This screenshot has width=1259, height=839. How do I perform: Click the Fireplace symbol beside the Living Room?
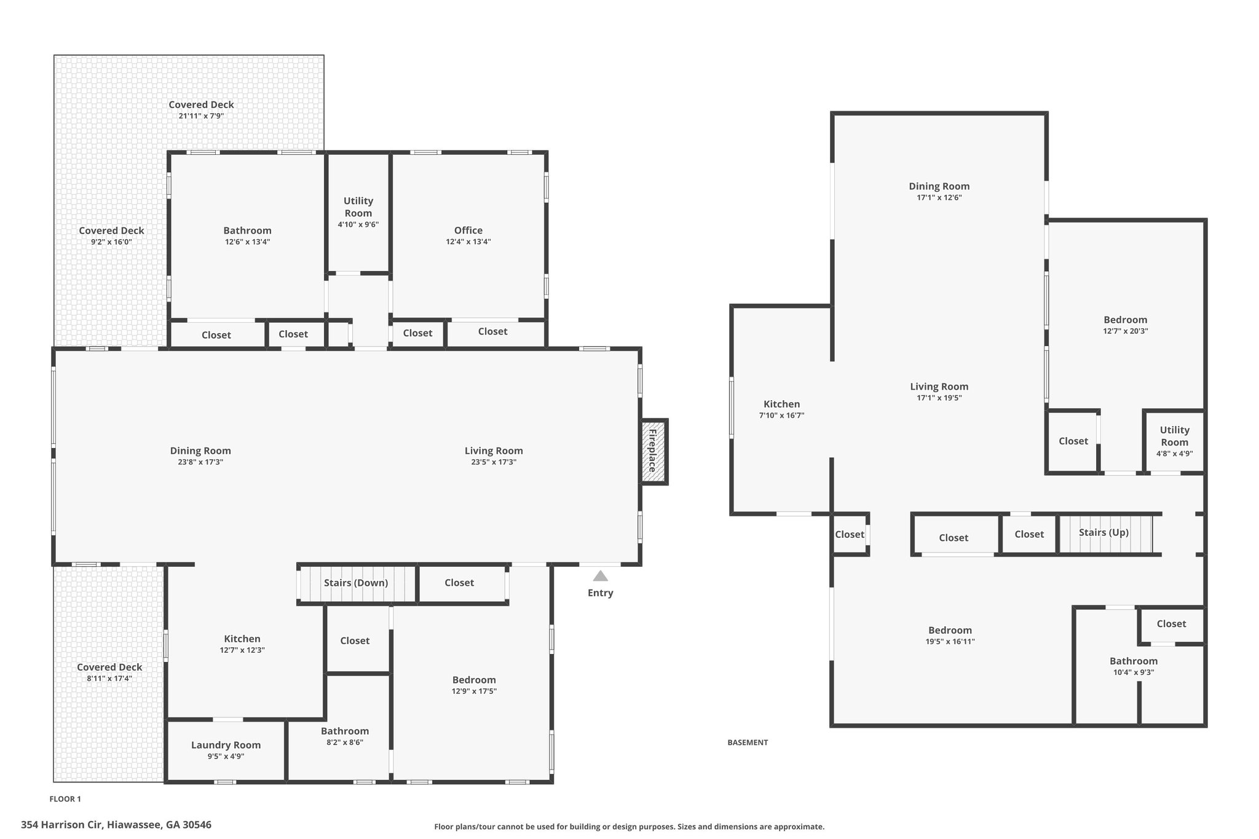coord(653,451)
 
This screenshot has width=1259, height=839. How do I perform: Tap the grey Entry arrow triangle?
coord(601,576)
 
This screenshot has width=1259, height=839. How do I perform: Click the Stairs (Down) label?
coord(356,583)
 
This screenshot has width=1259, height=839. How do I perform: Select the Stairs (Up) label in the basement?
coord(1103,532)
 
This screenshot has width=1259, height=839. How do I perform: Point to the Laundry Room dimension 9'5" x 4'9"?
coord(226,757)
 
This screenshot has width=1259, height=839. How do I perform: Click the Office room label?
coord(468,230)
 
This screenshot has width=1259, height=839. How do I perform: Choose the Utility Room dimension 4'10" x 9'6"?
coord(358,224)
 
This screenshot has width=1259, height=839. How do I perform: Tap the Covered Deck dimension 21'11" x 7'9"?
coord(202,116)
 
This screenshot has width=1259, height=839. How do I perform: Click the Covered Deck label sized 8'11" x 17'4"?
coord(109,667)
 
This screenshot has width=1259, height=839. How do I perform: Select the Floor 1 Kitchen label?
coord(242,639)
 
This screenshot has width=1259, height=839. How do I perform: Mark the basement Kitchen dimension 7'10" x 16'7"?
coord(782,416)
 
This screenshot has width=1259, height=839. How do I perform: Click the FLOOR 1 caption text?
coord(65,799)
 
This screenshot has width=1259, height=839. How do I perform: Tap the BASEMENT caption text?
coord(748,742)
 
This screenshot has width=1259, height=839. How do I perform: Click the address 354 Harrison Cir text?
coord(61,825)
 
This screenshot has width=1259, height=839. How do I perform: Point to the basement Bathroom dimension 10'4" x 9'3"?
coord(1134,672)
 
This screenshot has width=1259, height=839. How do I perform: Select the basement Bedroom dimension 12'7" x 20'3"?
coord(1126,331)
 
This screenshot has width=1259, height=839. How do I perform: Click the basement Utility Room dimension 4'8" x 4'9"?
coord(1175,454)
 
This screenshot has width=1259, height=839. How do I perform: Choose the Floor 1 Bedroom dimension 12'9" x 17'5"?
coord(474,691)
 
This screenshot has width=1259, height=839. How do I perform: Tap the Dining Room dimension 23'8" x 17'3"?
coord(200,462)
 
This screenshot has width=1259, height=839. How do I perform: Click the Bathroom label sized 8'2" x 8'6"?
coord(345,731)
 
